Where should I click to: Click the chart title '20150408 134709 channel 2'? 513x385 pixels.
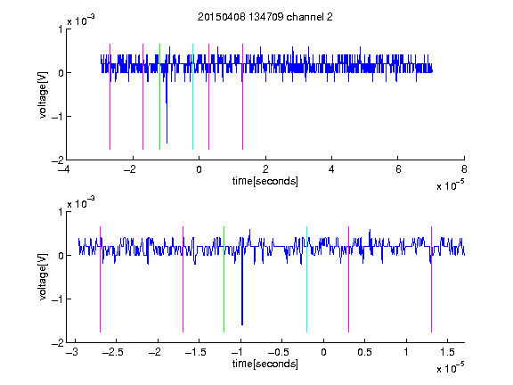click(265, 17)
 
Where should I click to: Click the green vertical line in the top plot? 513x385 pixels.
click(159, 96)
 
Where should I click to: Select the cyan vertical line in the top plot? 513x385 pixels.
click(192, 96)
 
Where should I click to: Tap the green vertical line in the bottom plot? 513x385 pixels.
click(224, 279)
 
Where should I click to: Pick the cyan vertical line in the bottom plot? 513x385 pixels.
click(306, 279)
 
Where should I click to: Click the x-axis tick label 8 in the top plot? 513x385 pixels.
click(464, 169)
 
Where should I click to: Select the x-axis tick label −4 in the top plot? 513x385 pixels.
click(64, 169)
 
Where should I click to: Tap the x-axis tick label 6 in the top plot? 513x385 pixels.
click(398, 169)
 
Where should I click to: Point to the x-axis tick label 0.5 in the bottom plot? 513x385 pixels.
click(364, 352)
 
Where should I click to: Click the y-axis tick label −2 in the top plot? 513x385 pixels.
click(58, 160)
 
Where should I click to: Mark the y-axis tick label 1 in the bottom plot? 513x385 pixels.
click(61, 212)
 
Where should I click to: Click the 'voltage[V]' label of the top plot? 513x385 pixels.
click(43, 94)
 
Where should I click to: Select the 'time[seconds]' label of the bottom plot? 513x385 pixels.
click(265, 364)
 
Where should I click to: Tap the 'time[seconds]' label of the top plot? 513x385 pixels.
click(265, 181)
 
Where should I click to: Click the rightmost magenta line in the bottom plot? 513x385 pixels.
click(431, 279)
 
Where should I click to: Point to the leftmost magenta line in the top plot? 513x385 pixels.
click(110, 96)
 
